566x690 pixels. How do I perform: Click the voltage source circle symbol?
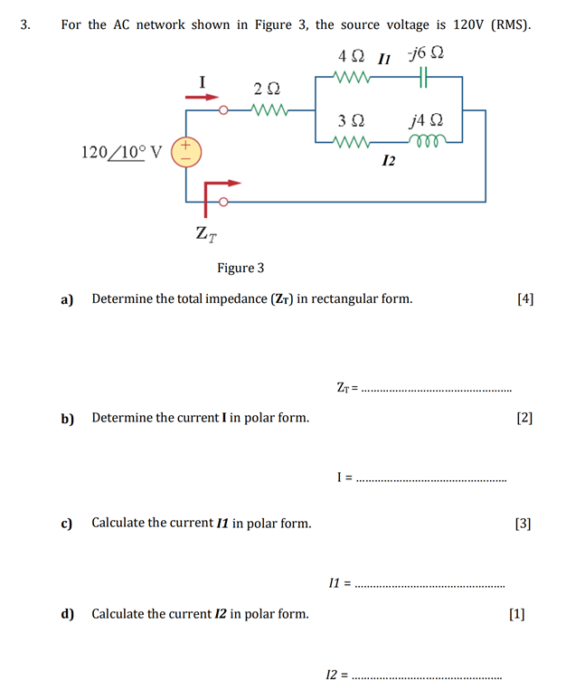click(184, 150)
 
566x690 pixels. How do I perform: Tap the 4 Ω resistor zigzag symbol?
click(352, 78)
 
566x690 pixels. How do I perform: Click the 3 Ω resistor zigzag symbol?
click(352, 141)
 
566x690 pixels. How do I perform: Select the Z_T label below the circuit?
click(205, 233)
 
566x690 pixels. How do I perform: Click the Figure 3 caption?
click(241, 268)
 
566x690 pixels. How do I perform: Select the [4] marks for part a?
click(524, 298)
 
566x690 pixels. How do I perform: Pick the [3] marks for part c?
click(523, 523)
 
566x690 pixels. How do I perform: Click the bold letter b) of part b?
click(67, 418)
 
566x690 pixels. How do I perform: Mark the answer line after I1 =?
click(430, 585)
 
